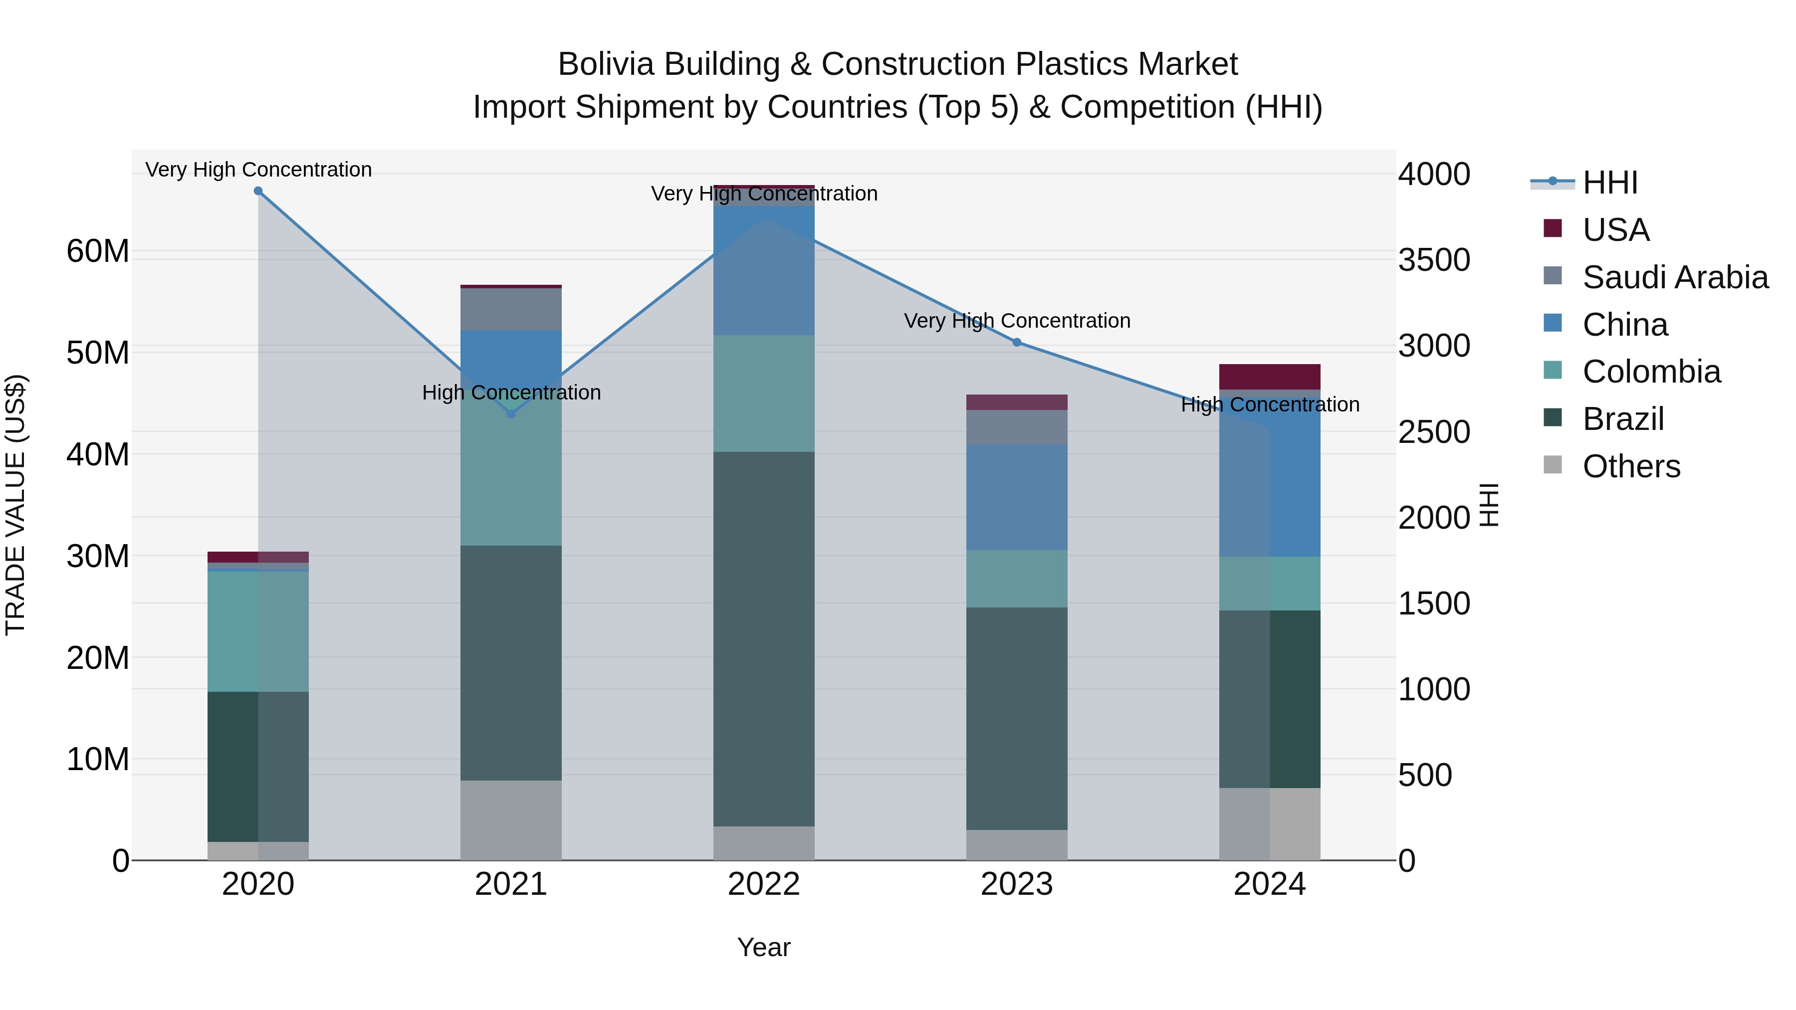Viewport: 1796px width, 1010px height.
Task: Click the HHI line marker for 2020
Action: click(258, 191)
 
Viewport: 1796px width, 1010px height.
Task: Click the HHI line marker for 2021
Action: click(511, 414)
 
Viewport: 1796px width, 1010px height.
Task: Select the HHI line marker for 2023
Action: click(1017, 342)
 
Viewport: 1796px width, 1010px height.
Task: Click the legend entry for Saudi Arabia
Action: click(1675, 277)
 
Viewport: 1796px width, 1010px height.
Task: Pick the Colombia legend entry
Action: click(1651, 372)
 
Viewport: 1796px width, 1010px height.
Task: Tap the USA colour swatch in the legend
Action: click(1553, 228)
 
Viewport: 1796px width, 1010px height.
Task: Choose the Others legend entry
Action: click(1631, 466)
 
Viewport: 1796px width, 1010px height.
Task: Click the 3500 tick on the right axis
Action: click(1434, 260)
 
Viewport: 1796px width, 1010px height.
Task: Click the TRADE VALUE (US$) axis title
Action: click(15, 505)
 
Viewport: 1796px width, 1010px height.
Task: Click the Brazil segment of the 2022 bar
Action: click(763, 638)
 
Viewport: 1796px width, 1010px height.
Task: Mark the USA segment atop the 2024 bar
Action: click(1270, 377)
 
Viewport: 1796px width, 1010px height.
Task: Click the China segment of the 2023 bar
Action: click(1017, 497)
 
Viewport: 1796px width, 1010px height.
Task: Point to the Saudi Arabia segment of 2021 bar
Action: click(511, 309)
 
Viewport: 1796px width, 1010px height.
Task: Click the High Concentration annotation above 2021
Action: click(511, 393)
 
